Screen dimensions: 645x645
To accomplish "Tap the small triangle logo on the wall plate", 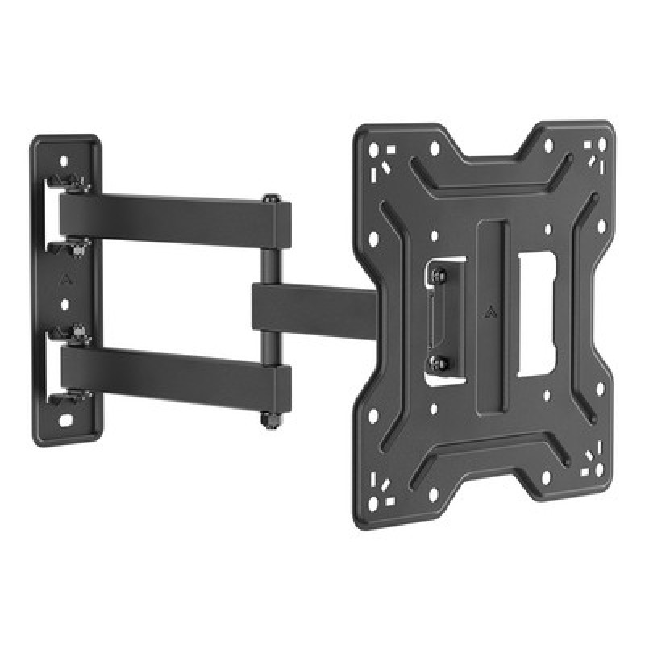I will point(64,283).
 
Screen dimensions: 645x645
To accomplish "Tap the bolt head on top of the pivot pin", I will point(269,198).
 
